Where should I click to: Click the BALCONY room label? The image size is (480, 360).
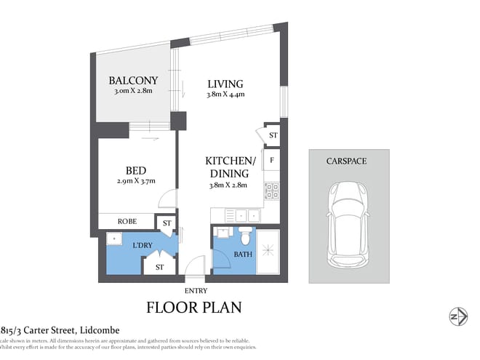[x=133, y=81]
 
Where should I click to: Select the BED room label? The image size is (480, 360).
[x=134, y=170]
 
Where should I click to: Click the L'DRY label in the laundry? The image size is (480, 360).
[x=142, y=246]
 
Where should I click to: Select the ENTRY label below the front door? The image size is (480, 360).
[x=196, y=291]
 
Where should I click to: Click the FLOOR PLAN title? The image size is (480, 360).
[x=194, y=308]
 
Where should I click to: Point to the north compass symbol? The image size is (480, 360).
[x=457, y=316]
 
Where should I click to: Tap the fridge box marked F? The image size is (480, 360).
[x=272, y=159]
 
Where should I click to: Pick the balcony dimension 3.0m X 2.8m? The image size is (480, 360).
[x=133, y=92]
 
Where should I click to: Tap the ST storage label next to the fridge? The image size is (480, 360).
[x=273, y=135]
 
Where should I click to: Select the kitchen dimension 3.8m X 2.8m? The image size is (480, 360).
[x=228, y=185]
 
